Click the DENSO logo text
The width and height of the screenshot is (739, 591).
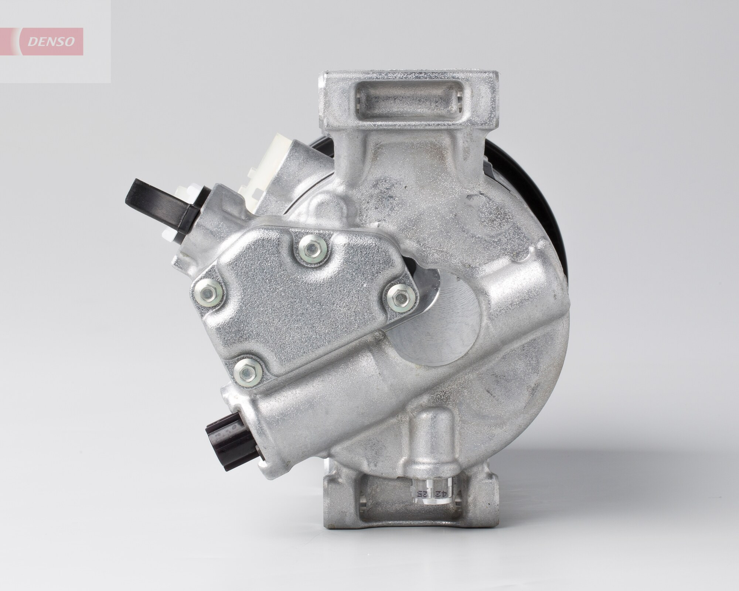tap(51, 42)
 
